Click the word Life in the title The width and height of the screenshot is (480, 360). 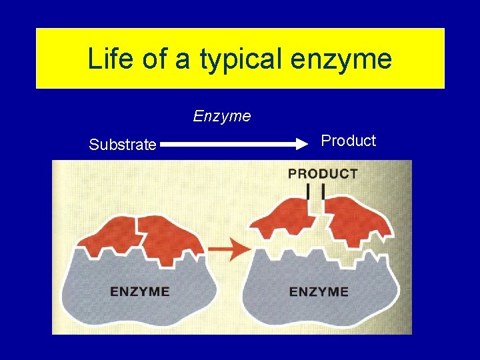pos(108,59)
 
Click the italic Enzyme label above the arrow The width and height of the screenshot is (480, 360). pos(222,116)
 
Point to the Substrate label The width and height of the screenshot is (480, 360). pos(123,145)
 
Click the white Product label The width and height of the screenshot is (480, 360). pos(348,141)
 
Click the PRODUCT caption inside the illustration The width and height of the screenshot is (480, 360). pos(323,174)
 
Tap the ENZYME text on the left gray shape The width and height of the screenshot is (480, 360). pos(139,291)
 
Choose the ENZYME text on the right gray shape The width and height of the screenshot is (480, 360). pos(319,291)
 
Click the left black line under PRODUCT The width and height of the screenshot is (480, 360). pos(309,191)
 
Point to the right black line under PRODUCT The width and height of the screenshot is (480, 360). pos(323,191)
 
